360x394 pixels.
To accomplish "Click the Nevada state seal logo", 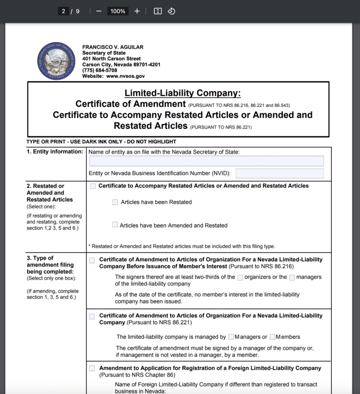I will tap(56, 61).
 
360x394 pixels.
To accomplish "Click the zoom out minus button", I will tap(98, 11).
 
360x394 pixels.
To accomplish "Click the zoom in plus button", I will tap(137, 11).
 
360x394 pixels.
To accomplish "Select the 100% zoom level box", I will tap(118, 11).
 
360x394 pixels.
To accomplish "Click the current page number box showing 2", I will tap(63, 11).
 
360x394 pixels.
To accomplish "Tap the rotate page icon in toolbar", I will tap(172, 11).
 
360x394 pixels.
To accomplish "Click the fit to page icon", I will tap(158, 11).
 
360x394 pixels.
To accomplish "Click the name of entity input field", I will tap(206, 161).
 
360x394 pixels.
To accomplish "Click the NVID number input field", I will tap(279, 173).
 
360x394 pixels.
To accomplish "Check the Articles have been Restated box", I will tap(115, 202).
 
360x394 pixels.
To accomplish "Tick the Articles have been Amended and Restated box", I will tap(115, 225).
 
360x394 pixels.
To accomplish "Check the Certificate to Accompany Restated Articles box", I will tap(93, 186).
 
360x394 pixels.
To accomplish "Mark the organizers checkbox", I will tap(240, 277).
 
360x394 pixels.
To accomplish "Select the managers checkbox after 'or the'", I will tap(292, 277).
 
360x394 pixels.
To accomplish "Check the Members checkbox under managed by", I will tap(272, 337).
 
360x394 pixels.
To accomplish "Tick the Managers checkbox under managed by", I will tap(231, 337).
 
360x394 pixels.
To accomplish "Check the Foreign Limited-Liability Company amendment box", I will tap(92, 368).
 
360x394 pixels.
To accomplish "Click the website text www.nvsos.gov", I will tap(125, 76).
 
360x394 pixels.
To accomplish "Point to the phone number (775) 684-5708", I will tap(100, 70).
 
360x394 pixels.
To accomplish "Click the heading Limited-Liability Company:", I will tap(182, 93).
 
